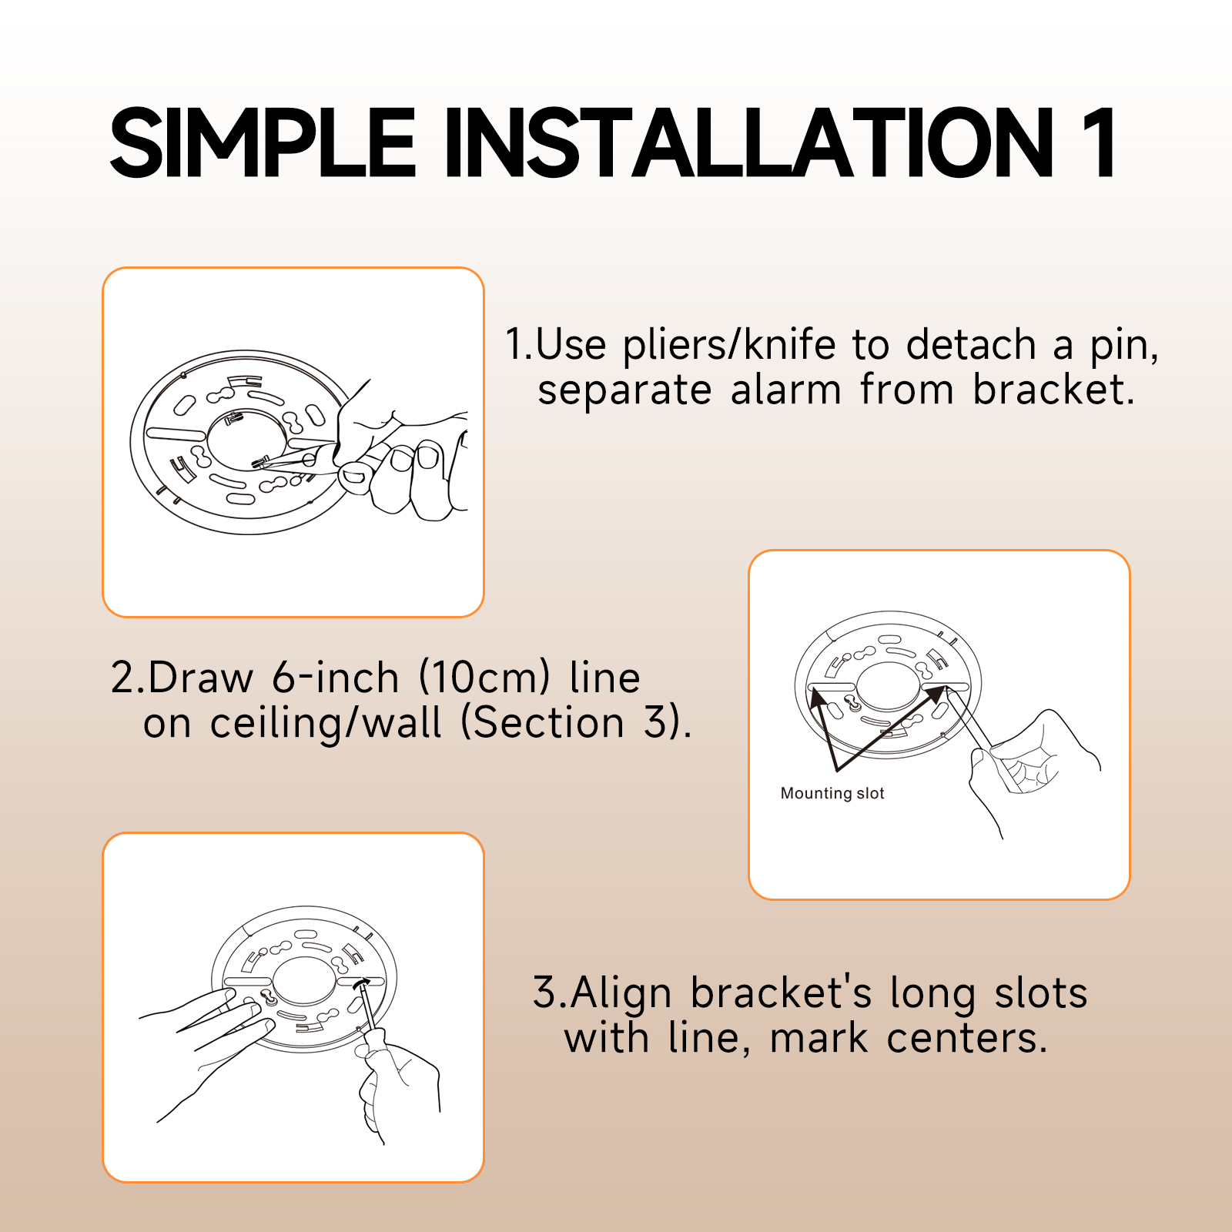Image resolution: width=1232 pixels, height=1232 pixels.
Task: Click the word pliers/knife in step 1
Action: tap(729, 344)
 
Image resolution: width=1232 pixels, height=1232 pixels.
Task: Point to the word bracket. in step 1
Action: tap(1054, 390)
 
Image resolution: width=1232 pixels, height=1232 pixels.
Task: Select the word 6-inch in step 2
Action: tap(336, 678)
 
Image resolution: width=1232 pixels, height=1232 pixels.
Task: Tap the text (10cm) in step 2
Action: tap(485, 678)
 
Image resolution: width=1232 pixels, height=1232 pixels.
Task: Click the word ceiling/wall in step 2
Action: tap(326, 723)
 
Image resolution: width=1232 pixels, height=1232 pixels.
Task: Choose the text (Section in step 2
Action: tap(543, 723)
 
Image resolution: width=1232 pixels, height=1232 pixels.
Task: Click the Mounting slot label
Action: tap(832, 793)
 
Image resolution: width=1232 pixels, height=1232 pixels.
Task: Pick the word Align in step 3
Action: tap(621, 993)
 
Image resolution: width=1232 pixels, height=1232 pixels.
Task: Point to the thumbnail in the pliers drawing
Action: tap(354, 477)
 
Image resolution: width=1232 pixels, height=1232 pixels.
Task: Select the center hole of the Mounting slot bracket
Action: tap(888, 685)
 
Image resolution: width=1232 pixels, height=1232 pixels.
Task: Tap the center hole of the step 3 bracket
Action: tap(304, 979)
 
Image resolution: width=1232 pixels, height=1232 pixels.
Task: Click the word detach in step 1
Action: tap(971, 344)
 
